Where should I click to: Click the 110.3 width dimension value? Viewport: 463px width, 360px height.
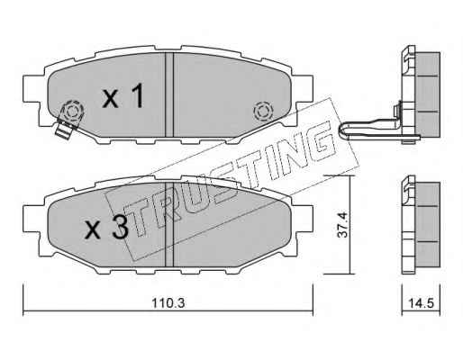click(x=168, y=303)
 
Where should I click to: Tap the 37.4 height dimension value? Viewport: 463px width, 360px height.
click(x=342, y=225)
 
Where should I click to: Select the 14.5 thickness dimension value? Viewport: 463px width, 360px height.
click(x=421, y=303)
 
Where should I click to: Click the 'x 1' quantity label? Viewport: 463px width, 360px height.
click(x=123, y=95)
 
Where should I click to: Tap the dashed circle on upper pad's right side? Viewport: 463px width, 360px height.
click(x=263, y=112)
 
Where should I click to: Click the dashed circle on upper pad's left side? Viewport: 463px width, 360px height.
click(x=72, y=112)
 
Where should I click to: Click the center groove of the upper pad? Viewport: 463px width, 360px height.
click(x=169, y=94)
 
